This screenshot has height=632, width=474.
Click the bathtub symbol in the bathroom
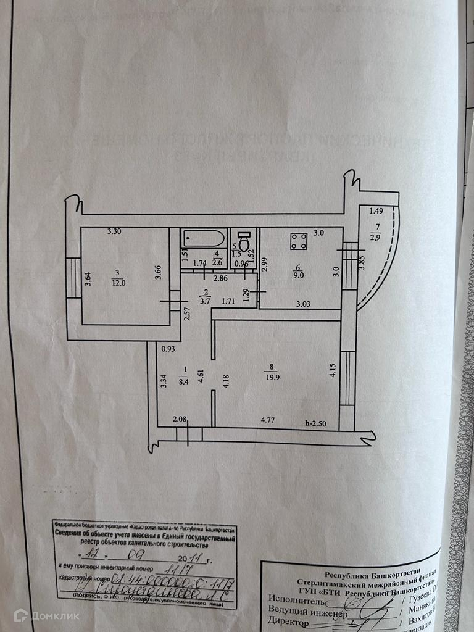click(x=203, y=239)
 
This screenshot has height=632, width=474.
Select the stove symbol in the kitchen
click(x=300, y=241)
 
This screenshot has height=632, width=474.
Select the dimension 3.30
click(x=114, y=232)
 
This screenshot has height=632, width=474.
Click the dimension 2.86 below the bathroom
click(x=221, y=278)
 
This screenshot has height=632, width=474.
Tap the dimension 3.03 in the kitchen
click(x=302, y=304)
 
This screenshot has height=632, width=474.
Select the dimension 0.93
click(x=167, y=349)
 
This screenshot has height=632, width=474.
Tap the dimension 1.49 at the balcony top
click(x=376, y=211)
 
